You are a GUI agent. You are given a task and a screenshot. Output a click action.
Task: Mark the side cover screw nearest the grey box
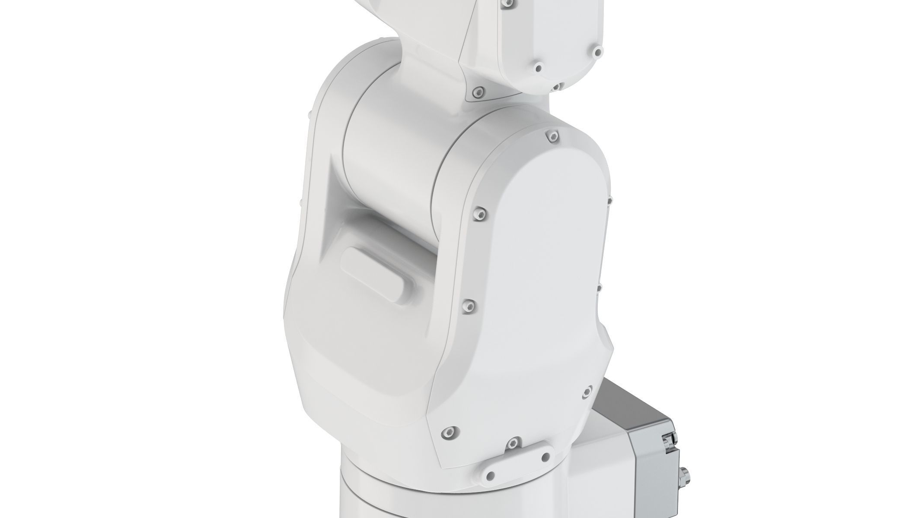click(x=587, y=391)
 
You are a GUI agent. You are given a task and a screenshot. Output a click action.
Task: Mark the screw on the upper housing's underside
click(x=557, y=86)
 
